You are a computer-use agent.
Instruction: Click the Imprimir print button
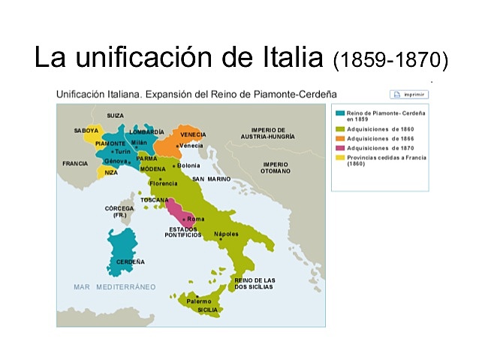pyautogui.click(x=409, y=95)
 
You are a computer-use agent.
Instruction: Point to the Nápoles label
pyautogui.click(x=226, y=234)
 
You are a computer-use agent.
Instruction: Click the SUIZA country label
pyautogui.click(x=115, y=115)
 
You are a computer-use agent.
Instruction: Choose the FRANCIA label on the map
pyautogui.click(x=75, y=163)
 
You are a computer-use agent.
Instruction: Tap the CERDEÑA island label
pyautogui.click(x=131, y=262)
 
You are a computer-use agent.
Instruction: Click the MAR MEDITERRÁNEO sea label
pyautogui.click(x=114, y=287)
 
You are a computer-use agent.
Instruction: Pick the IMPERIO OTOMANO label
pyautogui.click(x=276, y=168)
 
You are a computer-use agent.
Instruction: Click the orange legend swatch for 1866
pyautogui.click(x=340, y=138)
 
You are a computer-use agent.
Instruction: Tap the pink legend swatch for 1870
pyautogui.click(x=340, y=148)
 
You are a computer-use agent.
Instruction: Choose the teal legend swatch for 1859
pyautogui.click(x=340, y=113)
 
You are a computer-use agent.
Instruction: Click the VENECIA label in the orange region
pyautogui.click(x=193, y=135)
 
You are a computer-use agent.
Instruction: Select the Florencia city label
pyautogui.click(x=164, y=183)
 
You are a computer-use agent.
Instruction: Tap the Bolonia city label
pyautogui.click(x=188, y=165)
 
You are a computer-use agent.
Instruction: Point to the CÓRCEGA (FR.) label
pyautogui.click(x=119, y=211)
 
